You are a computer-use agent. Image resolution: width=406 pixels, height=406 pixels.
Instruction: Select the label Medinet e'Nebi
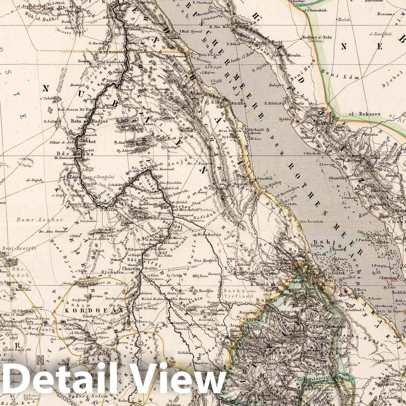pos(315,37)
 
